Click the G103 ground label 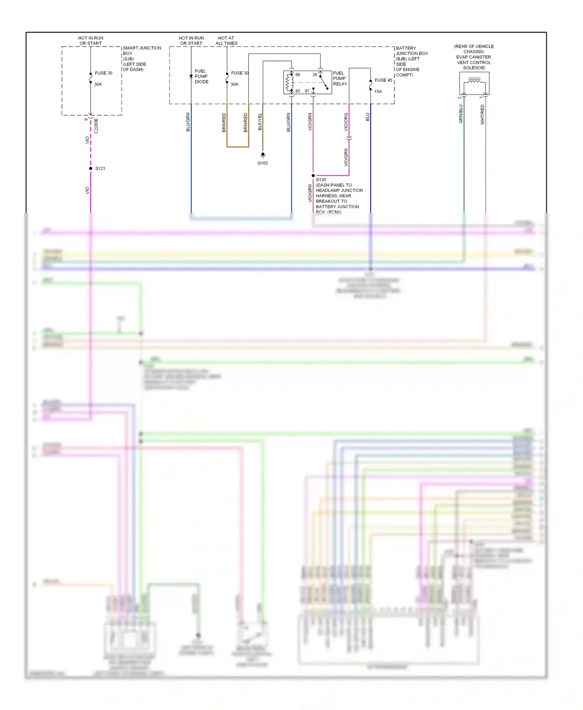(x=262, y=163)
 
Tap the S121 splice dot (x=91, y=169)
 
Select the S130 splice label (x=321, y=180)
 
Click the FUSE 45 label (x=383, y=80)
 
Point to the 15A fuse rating (x=378, y=92)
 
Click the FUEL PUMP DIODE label (x=201, y=77)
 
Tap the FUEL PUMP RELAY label (x=340, y=78)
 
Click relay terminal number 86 (x=298, y=75)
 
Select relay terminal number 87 (x=307, y=91)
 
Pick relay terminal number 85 (x=298, y=91)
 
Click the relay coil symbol (x=289, y=82)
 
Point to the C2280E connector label (x=96, y=126)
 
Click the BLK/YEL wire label (x=260, y=122)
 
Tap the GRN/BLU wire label (x=461, y=114)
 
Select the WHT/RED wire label (x=482, y=115)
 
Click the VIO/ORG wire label (x=346, y=122)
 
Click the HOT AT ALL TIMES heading (x=227, y=41)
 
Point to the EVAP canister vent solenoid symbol (x=474, y=84)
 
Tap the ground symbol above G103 (x=263, y=155)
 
